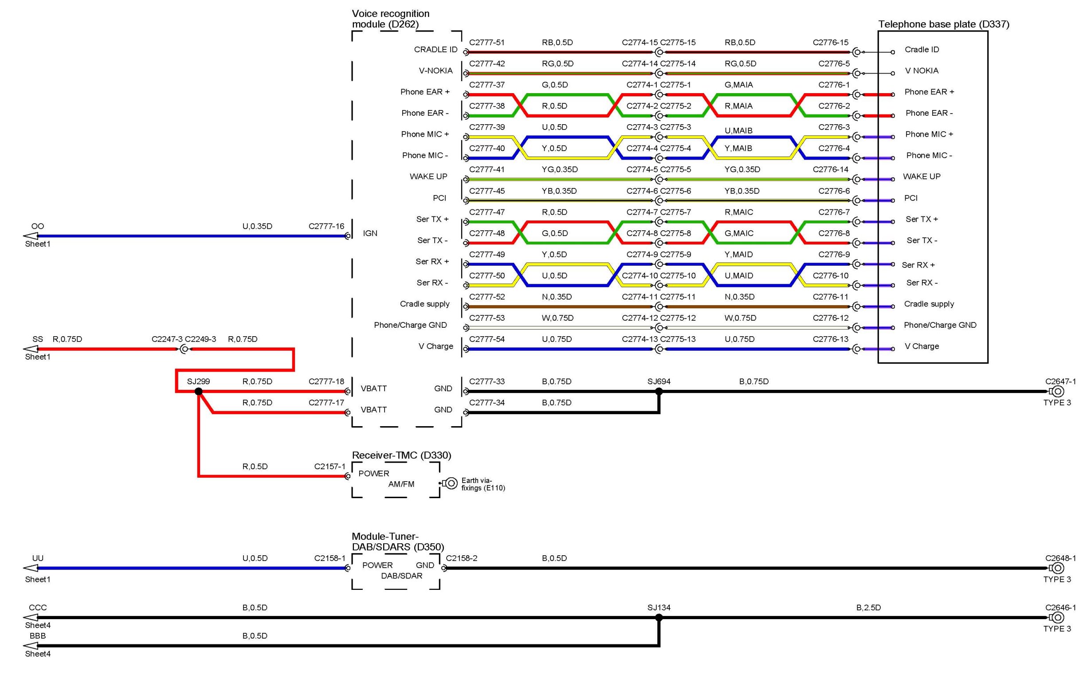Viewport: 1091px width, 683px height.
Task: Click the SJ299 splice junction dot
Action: click(198, 391)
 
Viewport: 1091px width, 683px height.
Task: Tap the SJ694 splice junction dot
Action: click(659, 391)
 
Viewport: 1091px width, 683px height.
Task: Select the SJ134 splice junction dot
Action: click(659, 617)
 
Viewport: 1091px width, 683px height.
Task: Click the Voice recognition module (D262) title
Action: click(391, 19)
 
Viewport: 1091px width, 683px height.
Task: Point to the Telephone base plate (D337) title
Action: click(943, 24)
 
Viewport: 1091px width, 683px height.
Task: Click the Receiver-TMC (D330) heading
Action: click(401, 455)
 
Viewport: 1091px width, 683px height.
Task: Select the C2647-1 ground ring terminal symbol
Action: click(1057, 391)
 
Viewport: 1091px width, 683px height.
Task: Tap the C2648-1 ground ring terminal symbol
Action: click(1057, 568)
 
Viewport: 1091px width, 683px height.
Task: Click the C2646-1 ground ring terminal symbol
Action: click(1057, 617)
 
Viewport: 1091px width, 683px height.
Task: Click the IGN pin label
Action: click(370, 233)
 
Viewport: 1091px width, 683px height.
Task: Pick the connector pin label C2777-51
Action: click(487, 43)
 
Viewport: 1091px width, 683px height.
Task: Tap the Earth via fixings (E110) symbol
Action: click(450, 483)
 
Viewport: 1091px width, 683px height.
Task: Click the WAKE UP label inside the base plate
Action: click(921, 177)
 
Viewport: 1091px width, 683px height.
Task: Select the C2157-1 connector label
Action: click(330, 466)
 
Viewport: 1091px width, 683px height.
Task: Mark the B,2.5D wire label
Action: click(868, 608)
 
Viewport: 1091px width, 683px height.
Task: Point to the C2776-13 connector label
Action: click(830, 339)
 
